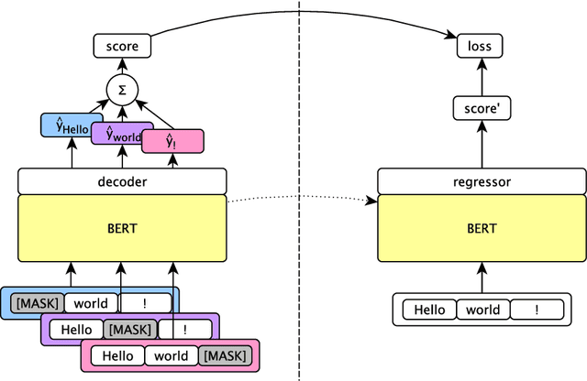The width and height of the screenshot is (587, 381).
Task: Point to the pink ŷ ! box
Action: point(172,141)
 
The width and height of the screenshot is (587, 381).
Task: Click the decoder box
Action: point(121,181)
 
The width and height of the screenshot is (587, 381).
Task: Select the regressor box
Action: point(482,181)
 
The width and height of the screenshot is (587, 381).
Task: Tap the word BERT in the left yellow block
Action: point(121,227)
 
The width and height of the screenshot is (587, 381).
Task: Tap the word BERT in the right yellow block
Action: point(482,227)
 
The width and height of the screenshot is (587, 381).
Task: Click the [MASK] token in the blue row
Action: point(36,303)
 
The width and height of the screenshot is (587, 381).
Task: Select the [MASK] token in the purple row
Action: point(129,329)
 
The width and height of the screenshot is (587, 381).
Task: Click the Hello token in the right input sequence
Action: point(429,310)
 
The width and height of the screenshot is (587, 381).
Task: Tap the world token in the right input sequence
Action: point(482,310)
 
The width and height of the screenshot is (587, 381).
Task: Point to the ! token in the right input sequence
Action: point(537,310)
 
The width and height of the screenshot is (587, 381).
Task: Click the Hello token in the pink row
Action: point(117,355)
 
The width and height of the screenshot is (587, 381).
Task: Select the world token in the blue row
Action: point(91,303)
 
